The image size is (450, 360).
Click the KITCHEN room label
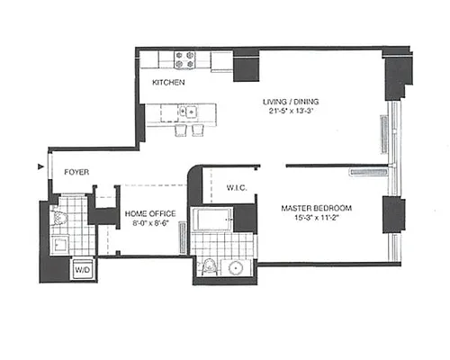tap(168, 83)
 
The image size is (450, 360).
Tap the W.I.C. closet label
tap(237, 188)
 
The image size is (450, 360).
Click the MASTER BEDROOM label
tap(316, 209)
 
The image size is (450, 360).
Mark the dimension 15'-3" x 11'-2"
tap(316, 219)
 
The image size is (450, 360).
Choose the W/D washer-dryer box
tap(82, 269)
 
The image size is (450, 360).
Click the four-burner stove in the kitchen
tap(185, 59)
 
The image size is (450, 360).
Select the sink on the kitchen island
tap(189, 112)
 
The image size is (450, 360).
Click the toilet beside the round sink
tap(209, 266)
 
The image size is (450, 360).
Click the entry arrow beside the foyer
tap(40, 167)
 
